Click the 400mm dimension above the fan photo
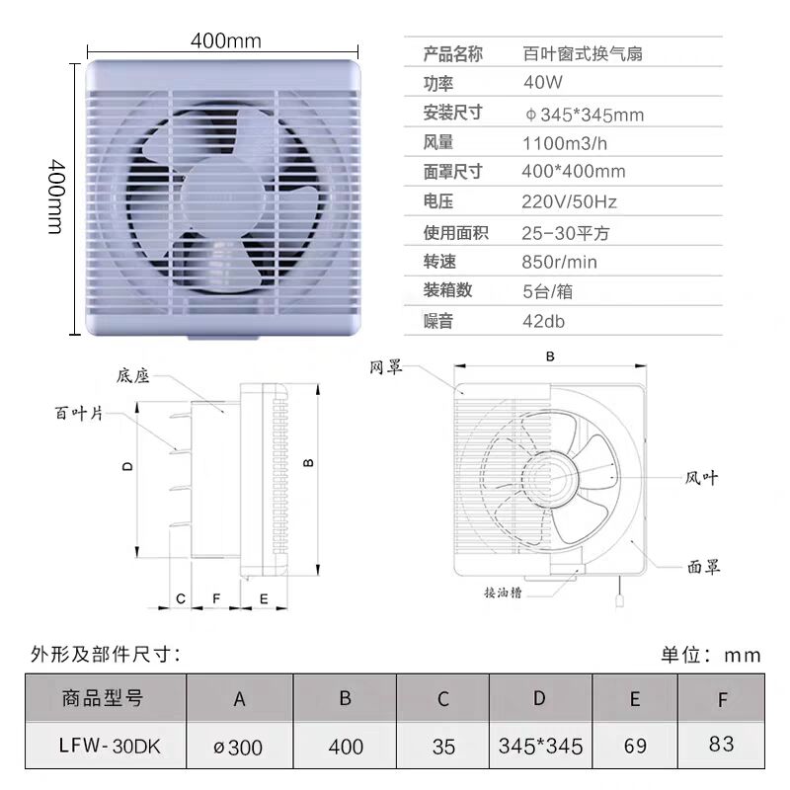tap(226, 40)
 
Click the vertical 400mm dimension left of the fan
tap(56, 197)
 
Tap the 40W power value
tap(542, 82)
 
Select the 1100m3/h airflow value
tap(564, 143)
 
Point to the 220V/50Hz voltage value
tap(569, 202)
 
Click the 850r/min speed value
tap(559, 262)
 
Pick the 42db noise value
tap(543, 321)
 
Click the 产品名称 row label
tap(452, 54)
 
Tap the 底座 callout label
tap(133, 376)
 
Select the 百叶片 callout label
tap(79, 413)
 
